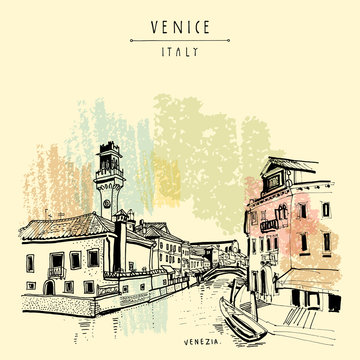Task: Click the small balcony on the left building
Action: (56, 271)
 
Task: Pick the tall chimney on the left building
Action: (119, 241)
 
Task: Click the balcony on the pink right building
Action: (268, 226)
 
